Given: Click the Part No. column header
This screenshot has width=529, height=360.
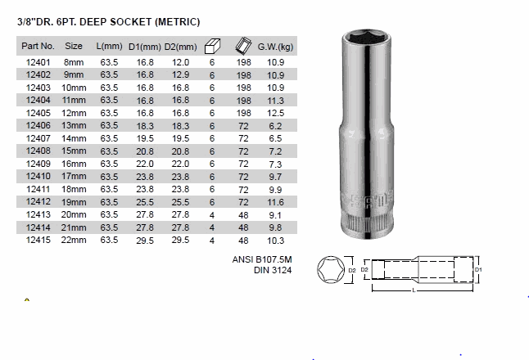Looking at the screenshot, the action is (x=38, y=46).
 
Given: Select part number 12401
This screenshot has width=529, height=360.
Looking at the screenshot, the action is (x=38, y=62).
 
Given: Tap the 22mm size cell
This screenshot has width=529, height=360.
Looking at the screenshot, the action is (x=74, y=240).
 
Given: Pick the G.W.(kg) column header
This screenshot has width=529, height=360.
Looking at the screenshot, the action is (x=275, y=47).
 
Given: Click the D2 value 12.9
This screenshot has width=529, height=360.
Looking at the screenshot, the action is (x=180, y=74).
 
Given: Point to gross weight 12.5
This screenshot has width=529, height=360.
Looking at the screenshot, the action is (x=276, y=113).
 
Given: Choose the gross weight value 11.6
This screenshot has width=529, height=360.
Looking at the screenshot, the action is (x=276, y=202).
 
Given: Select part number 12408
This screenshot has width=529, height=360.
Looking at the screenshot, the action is (x=38, y=151).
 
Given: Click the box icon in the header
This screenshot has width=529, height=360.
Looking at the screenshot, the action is (x=212, y=46).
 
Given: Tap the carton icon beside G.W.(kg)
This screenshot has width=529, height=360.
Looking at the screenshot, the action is (x=243, y=46).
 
